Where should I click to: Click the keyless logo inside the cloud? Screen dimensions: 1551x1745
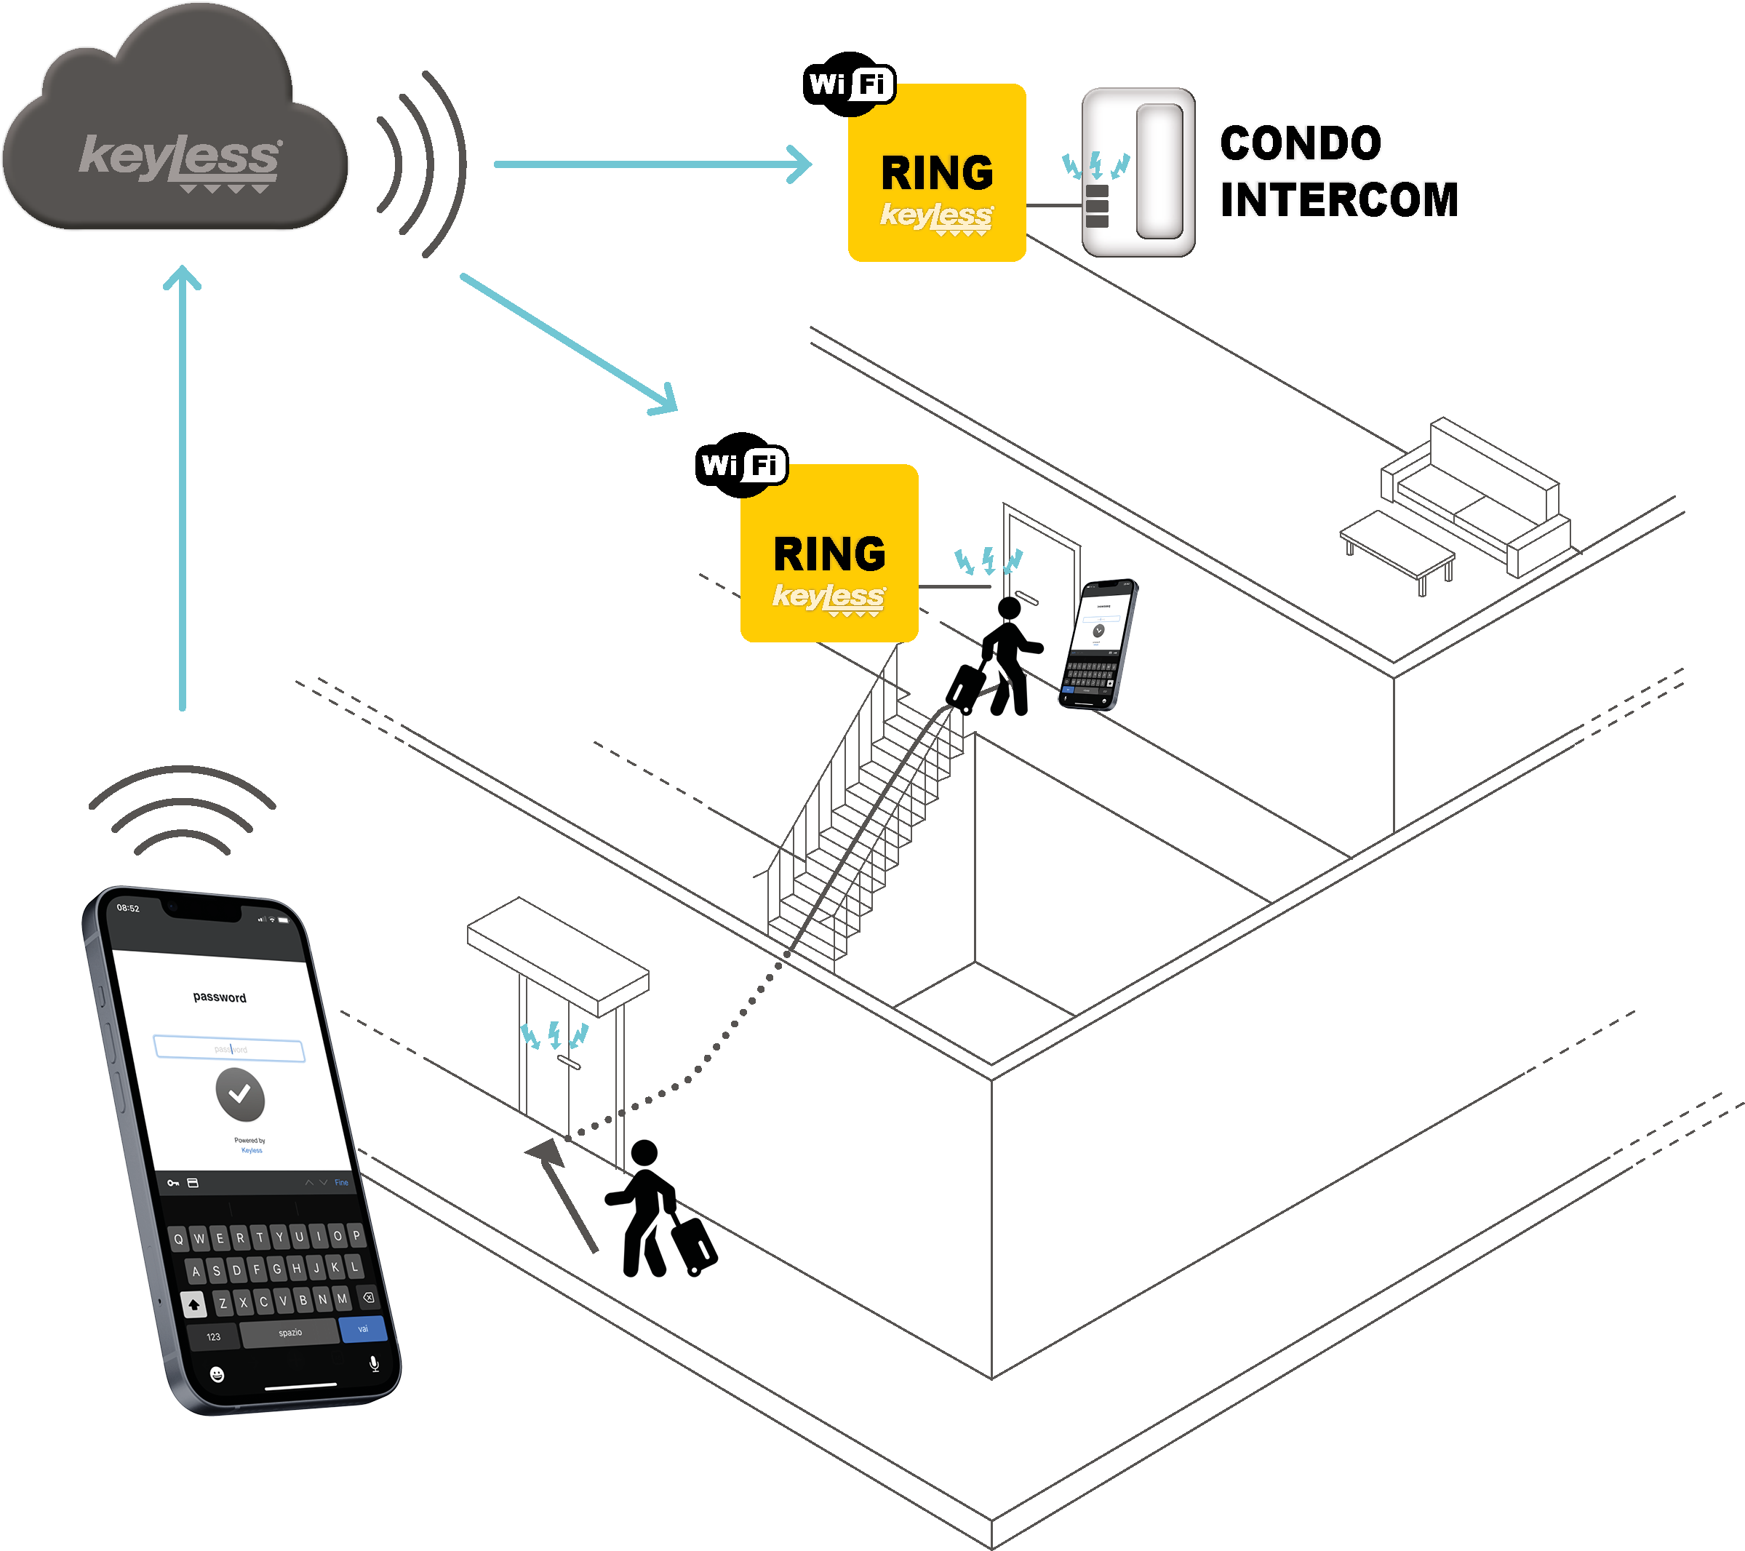pos(179,159)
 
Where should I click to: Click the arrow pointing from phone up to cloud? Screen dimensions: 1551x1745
pos(182,487)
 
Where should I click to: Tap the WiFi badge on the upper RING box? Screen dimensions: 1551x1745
pos(849,84)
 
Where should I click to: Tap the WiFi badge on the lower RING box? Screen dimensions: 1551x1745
pos(741,465)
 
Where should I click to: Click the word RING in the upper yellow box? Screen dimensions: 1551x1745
pos(937,173)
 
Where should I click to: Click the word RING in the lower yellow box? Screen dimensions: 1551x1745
pos(829,555)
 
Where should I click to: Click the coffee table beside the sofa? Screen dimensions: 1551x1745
pos(1397,546)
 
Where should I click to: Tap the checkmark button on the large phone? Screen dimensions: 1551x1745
pos(240,1094)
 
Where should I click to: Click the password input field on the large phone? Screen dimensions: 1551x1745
pos(229,1048)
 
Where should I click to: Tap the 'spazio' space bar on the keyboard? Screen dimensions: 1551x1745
pos(289,1333)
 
